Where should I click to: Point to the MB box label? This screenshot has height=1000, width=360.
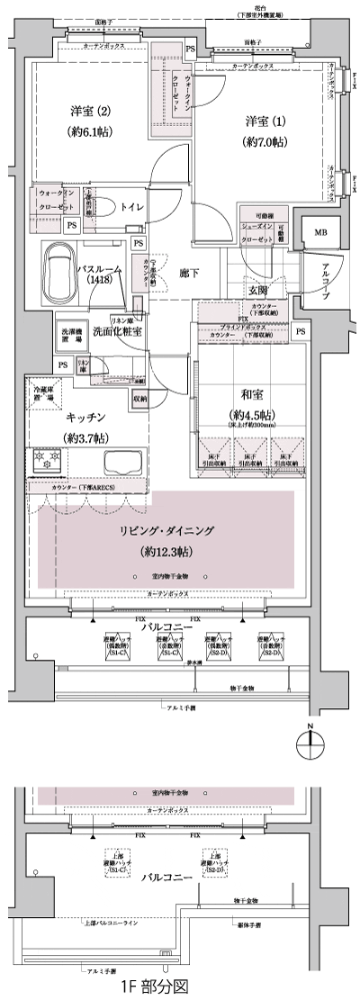point(320,233)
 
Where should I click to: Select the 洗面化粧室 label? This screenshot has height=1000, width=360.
point(121,330)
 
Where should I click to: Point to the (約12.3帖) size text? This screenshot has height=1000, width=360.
point(170,551)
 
